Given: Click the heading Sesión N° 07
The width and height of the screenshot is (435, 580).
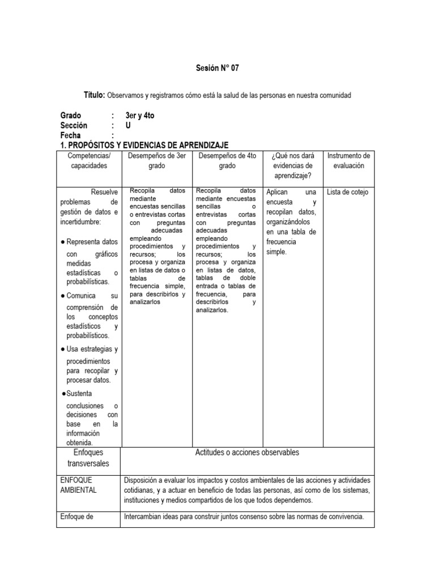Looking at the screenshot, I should coord(217,68).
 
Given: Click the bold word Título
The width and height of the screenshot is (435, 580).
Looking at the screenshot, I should coord(94,95).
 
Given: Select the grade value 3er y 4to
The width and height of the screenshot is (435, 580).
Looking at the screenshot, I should coord(140,116).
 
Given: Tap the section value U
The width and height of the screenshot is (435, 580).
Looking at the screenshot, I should coord(128,125).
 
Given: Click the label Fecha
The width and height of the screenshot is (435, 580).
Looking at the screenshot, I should coord(70,135).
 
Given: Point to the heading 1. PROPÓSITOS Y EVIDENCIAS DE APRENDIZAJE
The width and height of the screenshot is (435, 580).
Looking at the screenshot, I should coord(144,146).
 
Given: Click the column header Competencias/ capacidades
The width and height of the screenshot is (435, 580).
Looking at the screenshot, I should coord(89,161).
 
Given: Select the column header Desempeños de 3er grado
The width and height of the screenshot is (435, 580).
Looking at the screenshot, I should coord(157,161).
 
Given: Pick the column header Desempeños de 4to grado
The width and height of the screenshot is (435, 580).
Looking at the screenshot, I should coord(228,161).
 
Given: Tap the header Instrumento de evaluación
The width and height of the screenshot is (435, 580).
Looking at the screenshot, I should coord(349,161).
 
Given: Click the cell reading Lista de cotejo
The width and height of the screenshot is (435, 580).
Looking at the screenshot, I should coord(348,192).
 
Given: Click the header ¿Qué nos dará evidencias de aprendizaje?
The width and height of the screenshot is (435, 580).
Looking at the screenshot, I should coord(293,166).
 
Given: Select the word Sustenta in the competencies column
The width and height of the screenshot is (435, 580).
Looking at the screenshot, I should coord(79,394).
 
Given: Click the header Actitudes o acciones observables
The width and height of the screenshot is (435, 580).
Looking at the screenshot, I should coord(247,453).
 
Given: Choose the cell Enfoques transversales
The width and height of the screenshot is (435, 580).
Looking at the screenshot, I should coord(88,458).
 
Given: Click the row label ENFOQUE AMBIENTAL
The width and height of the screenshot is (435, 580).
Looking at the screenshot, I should coord(78,485).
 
